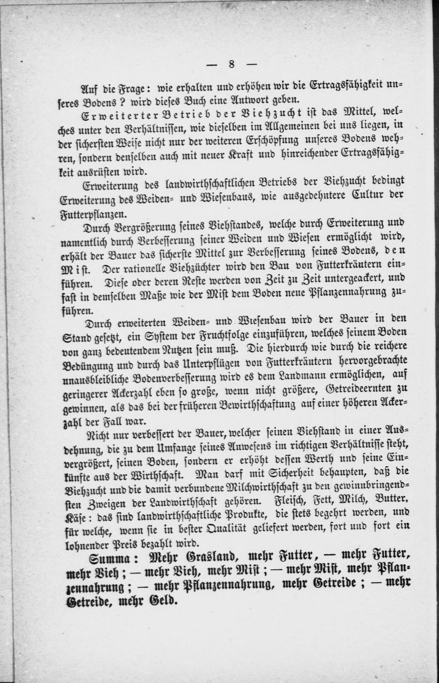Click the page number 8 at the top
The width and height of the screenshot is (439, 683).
[x=231, y=64]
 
